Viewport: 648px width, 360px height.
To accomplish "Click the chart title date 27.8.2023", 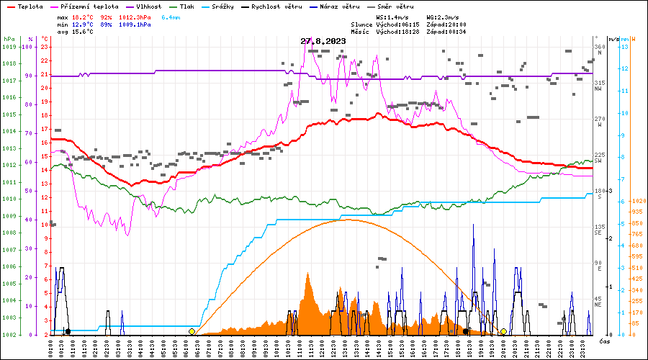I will click(x=323, y=41).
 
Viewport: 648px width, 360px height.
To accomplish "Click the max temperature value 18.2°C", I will click(x=84, y=16).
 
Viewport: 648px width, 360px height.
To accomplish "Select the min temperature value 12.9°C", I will click(x=84, y=24).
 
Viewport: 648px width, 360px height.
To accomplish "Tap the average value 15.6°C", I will click(x=84, y=32).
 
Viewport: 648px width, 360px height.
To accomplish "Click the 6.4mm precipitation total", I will click(x=171, y=16).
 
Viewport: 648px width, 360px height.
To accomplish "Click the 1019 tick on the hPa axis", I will click(x=9, y=47).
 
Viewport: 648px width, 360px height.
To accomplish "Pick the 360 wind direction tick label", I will click(x=599, y=47).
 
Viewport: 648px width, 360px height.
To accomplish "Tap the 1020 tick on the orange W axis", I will click(x=637, y=201).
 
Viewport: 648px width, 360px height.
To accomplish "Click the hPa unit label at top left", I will click(x=9, y=39).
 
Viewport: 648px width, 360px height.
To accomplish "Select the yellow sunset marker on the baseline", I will click(x=503, y=332).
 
